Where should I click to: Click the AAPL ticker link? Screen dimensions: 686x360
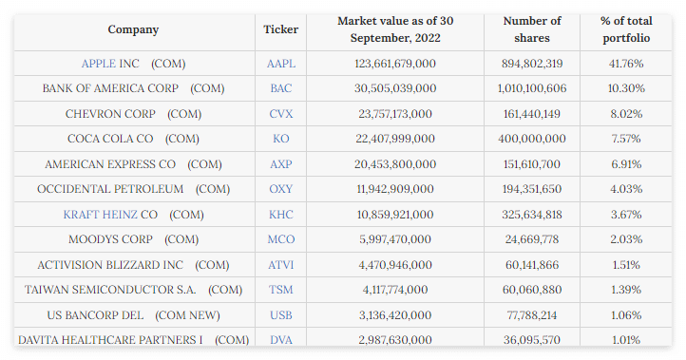pyautogui.click(x=281, y=64)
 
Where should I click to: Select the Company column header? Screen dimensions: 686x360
pyautogui.click(x=133, y=29)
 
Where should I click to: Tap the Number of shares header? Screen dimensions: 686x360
pyautogui.click(x=532, y=29)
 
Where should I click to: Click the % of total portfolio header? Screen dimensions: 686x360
pyautogui.click(x=626, y=29)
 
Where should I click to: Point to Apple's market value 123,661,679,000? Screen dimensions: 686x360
pyautogui.click(x=395, y=64)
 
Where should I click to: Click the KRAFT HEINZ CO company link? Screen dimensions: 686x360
pyautogui.click(x=110, y=215)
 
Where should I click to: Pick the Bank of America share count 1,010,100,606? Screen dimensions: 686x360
pyautogui.click(x=532, y=88)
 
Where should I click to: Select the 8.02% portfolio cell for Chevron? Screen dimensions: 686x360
pyautogui.click(x=626, y=114)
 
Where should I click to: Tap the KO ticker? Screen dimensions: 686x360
pyautogui.click(x=281, y=139)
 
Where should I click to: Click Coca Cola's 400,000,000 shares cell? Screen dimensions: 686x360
pyautogui.click(x=532, y=139)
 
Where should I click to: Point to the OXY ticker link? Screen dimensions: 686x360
pyautogui.click(x=281, y=189)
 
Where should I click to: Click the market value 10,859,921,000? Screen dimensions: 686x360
pyautogui.click(x=395, y=215)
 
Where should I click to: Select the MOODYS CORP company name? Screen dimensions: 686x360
pyautogui.click(x=110, y=239)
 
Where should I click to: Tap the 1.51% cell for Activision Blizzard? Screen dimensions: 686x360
pyautogui.click(x=626, y=265)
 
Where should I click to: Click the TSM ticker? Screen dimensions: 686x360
pyautogui.click(x=281, y=290)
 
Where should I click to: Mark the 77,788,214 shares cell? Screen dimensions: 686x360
pyautogui.click(x=532, y=315)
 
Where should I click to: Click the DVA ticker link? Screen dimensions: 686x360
pyautogui.click(x=281, y=339)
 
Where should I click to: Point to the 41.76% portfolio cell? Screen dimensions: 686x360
pyautogui.click(x=626, y=64)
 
